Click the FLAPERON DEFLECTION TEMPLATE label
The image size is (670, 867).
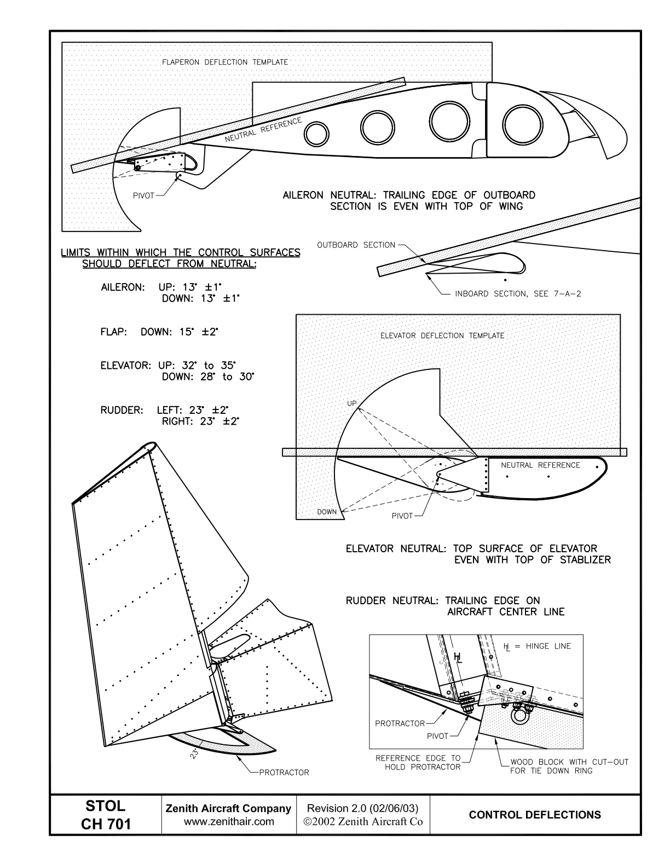point(224,62)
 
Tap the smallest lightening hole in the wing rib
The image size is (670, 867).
point(316,134)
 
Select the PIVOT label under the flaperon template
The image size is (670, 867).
point(143,196)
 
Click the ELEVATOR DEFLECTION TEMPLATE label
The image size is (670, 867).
point(442,336)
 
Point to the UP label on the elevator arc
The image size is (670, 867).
point(351,403)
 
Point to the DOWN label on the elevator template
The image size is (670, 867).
point(327,512)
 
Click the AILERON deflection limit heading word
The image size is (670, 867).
point(123,287)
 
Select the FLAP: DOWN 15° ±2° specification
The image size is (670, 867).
point(160,332)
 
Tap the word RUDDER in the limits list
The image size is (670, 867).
point(122,410)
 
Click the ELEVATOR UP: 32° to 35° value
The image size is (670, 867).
point(198,366)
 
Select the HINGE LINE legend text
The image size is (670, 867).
point(548,646)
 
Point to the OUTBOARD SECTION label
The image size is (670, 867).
point(356,245)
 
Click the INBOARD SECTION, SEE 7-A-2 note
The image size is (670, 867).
point(518,294)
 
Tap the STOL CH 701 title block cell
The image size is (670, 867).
point(106,815)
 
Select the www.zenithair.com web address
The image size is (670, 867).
point(229,822)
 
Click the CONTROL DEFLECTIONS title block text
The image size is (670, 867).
point(535,815)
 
